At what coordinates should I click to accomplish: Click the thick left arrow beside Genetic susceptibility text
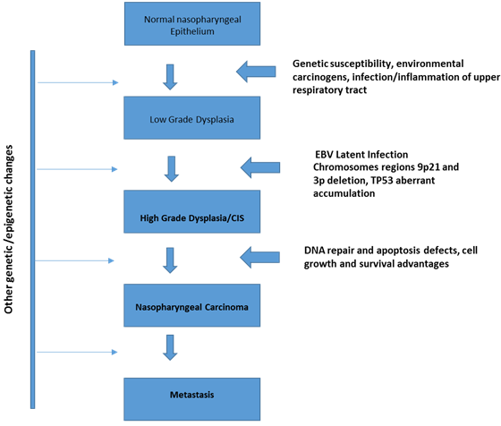[259, 71]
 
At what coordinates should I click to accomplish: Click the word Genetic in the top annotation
[314, 64]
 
